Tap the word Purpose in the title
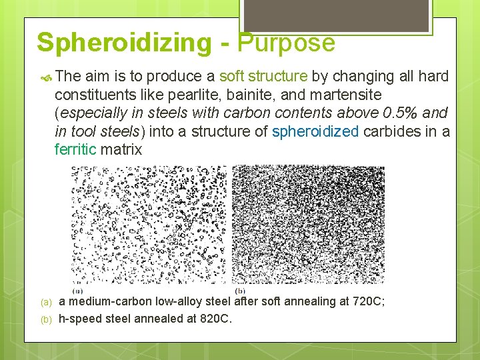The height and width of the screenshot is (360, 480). pos(286,43)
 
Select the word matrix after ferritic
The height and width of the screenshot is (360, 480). pos(121,149)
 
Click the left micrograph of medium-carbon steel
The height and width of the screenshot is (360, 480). pos(149,225)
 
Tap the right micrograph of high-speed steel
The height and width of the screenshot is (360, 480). pos(307,225)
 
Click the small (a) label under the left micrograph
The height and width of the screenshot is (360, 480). pos(77,291)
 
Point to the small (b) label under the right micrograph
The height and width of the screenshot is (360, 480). pos(240,291)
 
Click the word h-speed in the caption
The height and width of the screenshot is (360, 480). pos(79,319)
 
